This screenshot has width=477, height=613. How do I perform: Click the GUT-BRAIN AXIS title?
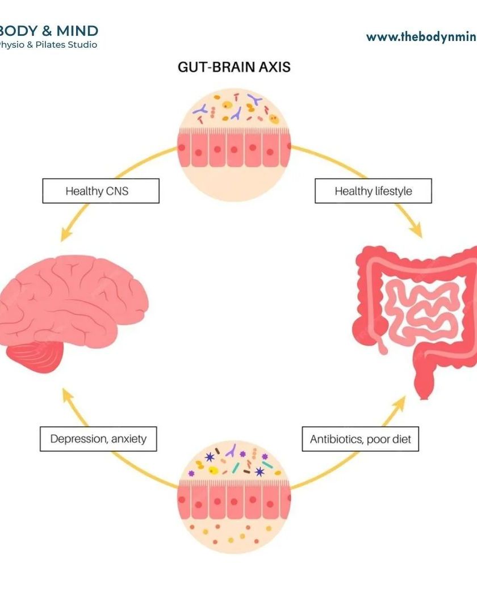click(234, 67)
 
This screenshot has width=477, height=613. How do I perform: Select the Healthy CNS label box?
click(101, 191)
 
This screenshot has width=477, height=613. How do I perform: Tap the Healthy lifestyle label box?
click(373, 191)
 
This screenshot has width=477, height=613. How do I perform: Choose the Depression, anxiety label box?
click(98, 439)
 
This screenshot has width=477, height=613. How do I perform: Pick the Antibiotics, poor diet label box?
click(360, 439)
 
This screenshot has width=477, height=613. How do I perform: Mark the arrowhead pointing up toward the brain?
click(68, 396)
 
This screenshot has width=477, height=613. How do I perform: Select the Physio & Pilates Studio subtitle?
click(48, 45)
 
